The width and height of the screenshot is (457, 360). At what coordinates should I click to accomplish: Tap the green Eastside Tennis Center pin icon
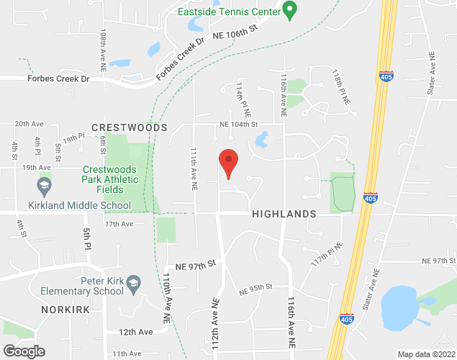[x=290, y=10]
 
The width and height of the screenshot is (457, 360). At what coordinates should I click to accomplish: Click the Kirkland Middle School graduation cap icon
[x=44, y=186]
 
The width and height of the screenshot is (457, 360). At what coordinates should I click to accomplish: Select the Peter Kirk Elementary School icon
[x=133, y=287]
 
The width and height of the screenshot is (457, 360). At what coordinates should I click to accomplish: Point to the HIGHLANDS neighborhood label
[x=284, y=215]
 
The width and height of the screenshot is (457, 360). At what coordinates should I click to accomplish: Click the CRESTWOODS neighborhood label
[x=129, y=127]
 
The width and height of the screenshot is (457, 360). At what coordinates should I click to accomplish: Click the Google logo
[x=23, y=351]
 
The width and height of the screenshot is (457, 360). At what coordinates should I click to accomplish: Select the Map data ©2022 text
[x=426, y=354]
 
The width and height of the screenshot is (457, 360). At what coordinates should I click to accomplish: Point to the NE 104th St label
[x=239, y=124]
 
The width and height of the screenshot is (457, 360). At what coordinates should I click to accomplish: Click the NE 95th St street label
[x=255, y=287]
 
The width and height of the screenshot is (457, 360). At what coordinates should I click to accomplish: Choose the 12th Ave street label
[x=136, y=332]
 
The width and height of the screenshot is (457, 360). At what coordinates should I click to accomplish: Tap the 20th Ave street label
[x=30, y=124]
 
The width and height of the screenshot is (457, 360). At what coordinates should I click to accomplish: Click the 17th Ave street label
[x=119, y=224]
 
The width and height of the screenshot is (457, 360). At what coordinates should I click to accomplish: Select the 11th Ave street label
[x=126, y=354]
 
